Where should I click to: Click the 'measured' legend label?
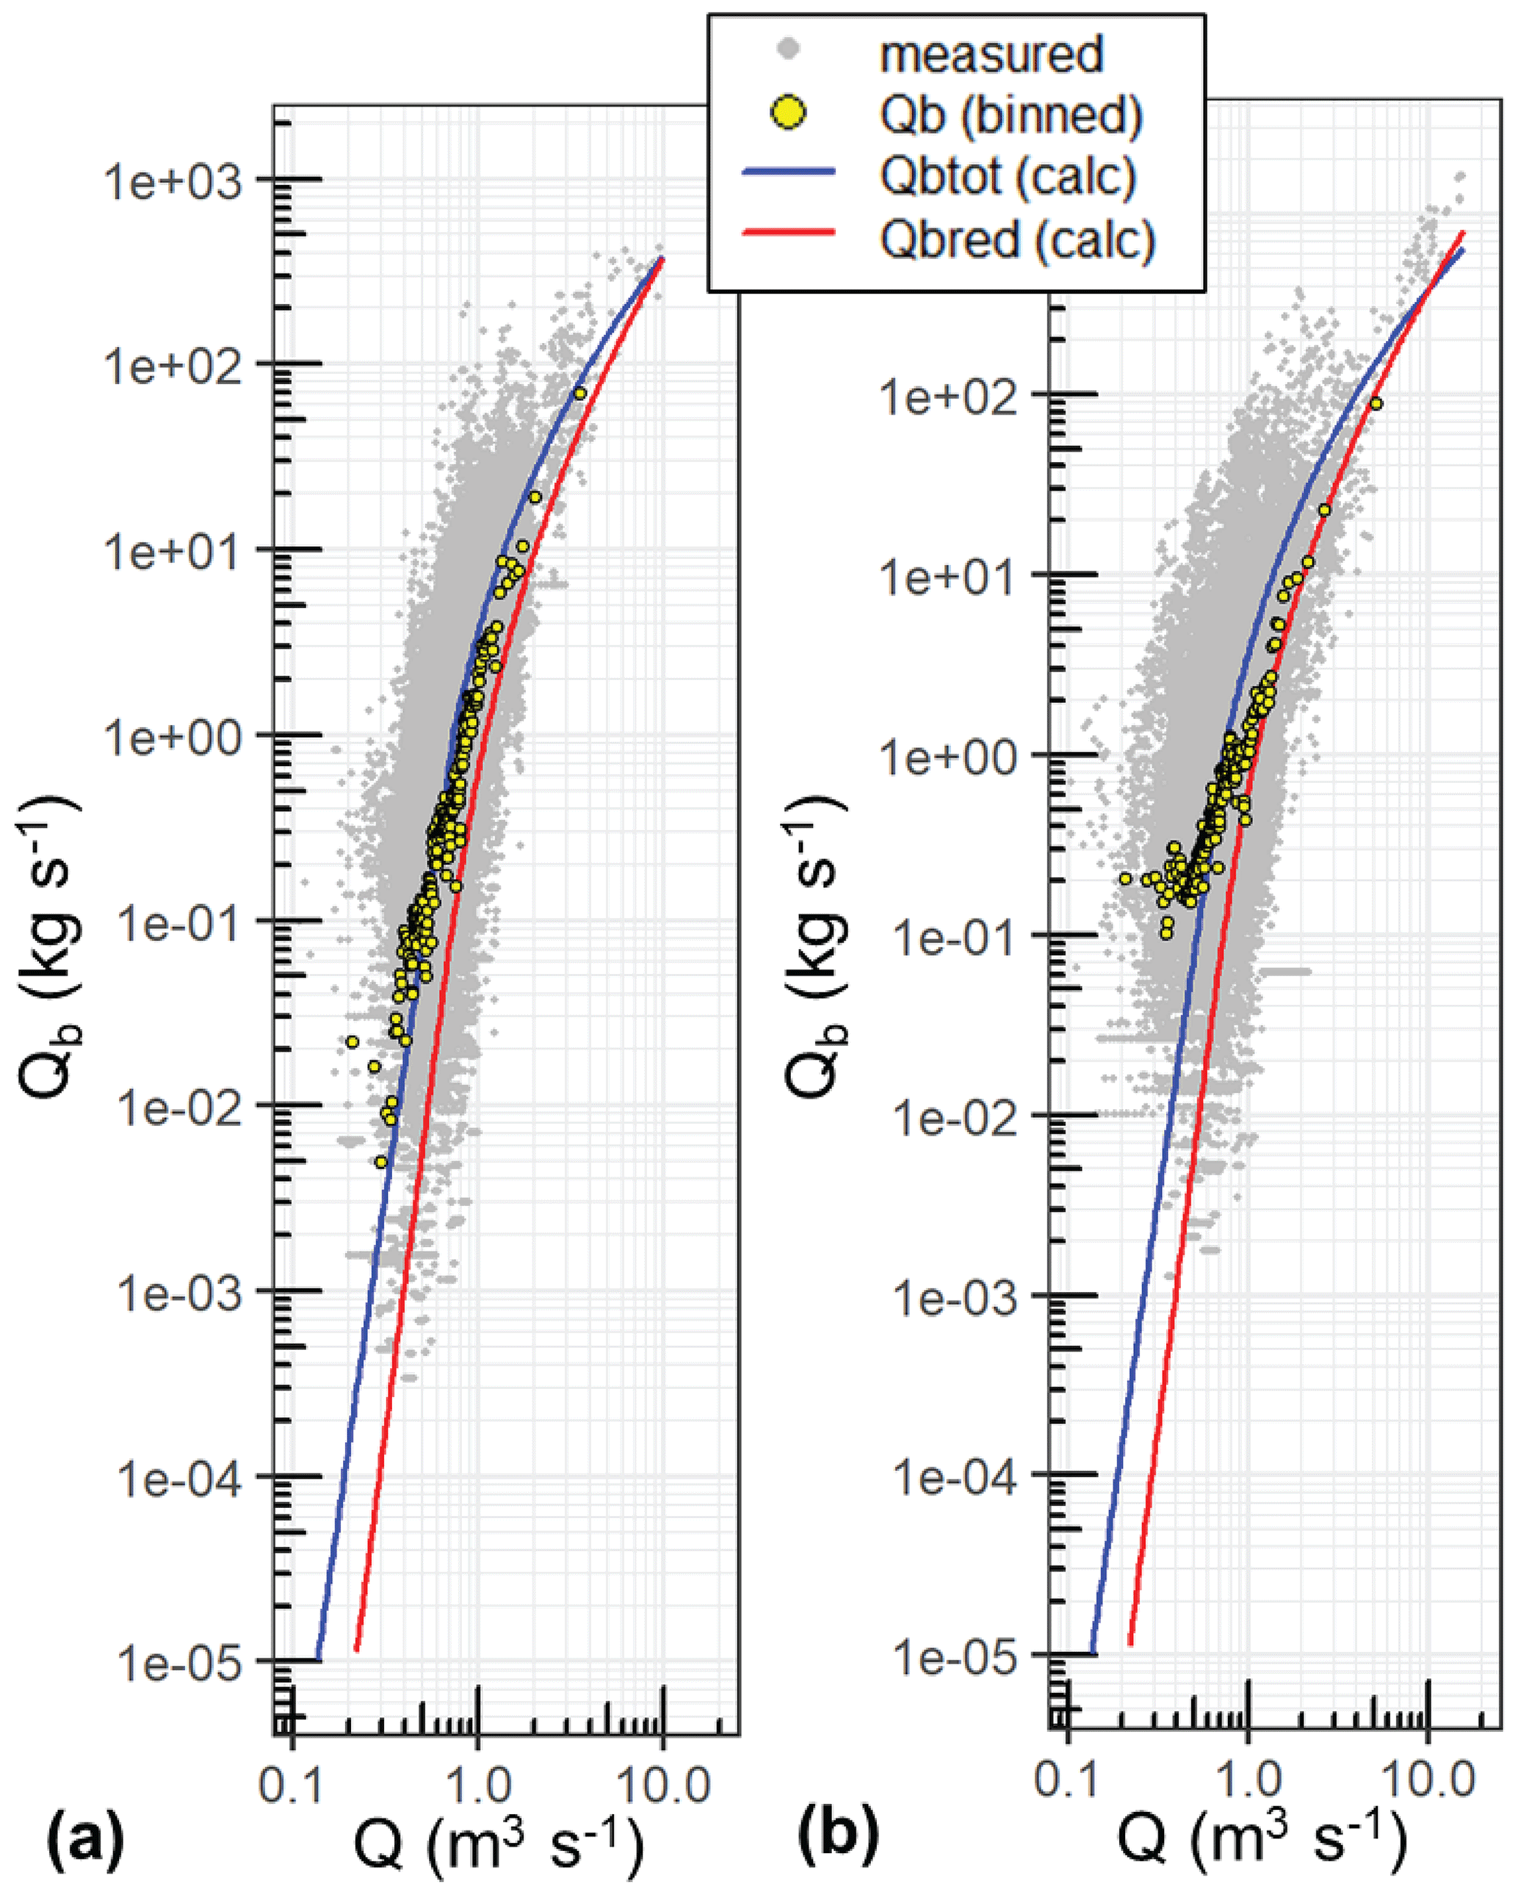click(x=991, y=54)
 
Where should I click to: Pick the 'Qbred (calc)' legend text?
click(x=1017, y=237)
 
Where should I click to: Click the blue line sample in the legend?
click(x=789, y=173)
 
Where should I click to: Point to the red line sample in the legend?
click(x=789, y=233)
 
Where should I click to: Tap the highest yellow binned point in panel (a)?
click(x=579, y=393)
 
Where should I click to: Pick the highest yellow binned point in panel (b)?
click(x=1376, y=403)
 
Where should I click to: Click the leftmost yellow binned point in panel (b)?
click(x=1125, y=878)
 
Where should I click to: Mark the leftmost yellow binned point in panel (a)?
click(x=352, y=1042)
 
